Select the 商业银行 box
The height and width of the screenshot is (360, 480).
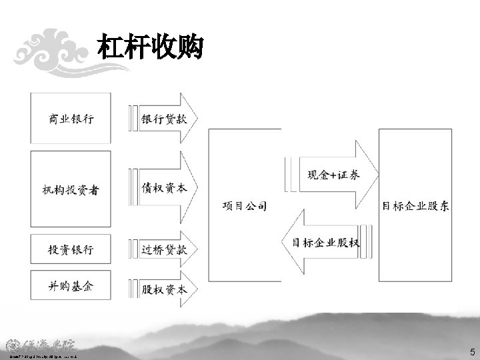point(71,119)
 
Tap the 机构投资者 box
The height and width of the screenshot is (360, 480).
point(71,190)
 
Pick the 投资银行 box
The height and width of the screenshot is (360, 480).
point(71,249)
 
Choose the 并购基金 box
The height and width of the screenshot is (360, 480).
point(71,286)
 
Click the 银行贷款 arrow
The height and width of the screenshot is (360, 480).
point(164,119)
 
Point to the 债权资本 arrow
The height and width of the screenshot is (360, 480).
point(164,189)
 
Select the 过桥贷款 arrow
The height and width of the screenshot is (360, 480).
point(164,250)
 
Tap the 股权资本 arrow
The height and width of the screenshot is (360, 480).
point(164,289)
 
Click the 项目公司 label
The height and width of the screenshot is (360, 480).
point(244,206)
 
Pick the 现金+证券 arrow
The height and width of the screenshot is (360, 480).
point(333,175)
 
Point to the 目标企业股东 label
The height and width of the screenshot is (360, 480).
point(415,206)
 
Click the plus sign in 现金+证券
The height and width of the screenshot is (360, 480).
point(334,175)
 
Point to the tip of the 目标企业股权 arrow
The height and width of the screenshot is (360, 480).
point(285,242)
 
